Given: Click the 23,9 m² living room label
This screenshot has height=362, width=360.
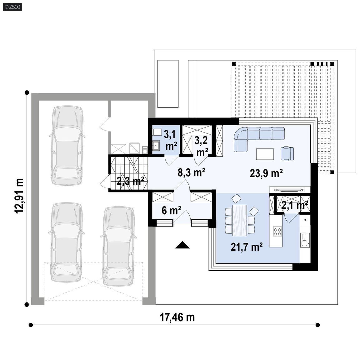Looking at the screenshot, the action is click(266, 173).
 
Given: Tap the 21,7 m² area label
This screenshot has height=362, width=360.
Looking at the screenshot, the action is click(247, 247).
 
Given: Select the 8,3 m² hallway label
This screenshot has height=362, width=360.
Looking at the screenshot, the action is click(192, 172).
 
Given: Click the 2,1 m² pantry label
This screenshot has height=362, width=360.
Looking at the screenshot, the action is click(295, 205).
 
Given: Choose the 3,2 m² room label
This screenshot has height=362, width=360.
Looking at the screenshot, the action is click(201, 146).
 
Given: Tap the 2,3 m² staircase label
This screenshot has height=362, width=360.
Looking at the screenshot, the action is click(130, 181).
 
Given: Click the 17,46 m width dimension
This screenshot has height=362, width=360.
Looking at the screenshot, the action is click(177, 317).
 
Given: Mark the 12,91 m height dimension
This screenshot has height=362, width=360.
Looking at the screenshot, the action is click(19, 196).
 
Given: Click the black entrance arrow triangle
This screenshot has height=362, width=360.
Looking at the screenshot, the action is click(182, 245).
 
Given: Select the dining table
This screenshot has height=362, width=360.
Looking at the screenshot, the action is click(240, 220).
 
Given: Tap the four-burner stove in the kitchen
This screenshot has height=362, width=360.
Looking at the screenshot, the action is click(277, 231).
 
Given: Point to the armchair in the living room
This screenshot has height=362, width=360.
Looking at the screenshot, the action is click(287, 153).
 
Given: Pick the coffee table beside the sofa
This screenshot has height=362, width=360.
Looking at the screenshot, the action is click(265, 154).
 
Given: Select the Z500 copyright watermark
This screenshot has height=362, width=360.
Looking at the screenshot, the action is click(12, 7).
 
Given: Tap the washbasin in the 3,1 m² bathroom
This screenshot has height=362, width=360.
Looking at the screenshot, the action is click(156, 146).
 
